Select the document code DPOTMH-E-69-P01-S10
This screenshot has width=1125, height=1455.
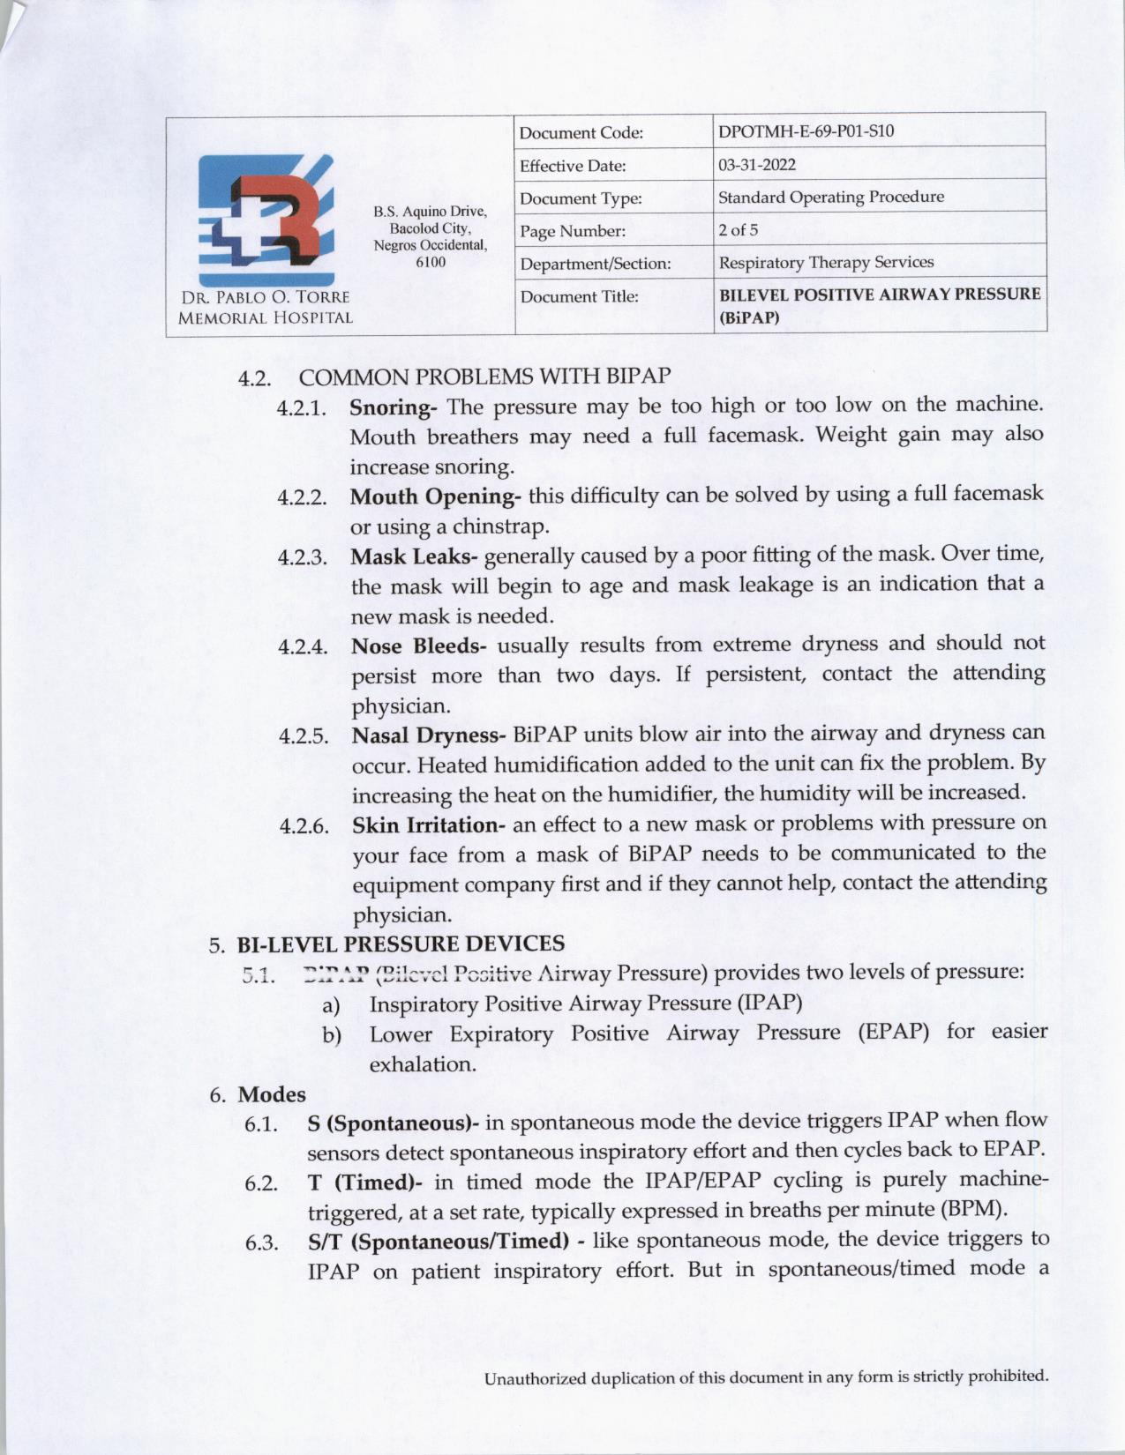tap(806, 131)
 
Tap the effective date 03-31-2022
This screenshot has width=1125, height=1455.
tap(757, 165)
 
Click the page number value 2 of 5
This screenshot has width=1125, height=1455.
tap(738, 230)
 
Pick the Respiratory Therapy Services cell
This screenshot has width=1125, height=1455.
tap(826, 263)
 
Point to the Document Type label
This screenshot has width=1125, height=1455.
tap(581, 198)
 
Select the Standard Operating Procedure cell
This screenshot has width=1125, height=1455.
tap(830, 197)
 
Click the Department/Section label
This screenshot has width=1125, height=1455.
tap(596, 264)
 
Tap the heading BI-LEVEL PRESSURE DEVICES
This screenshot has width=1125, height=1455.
tap(401, 944)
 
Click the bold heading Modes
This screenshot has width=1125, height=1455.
tap(272, 1094)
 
